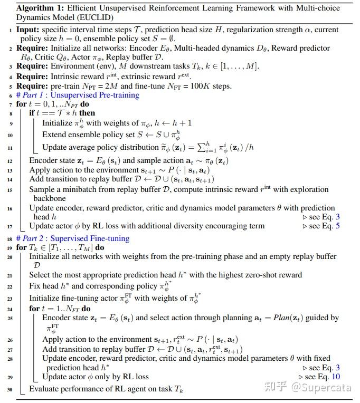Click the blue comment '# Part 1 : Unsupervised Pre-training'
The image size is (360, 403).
[78, 95]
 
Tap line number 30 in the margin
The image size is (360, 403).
[10, 390]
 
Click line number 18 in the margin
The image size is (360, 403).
[10, 239]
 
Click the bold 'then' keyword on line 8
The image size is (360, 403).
[87, 113]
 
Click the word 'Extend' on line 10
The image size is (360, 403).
[55, 135]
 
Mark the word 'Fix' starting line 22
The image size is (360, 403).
[35, 286]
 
